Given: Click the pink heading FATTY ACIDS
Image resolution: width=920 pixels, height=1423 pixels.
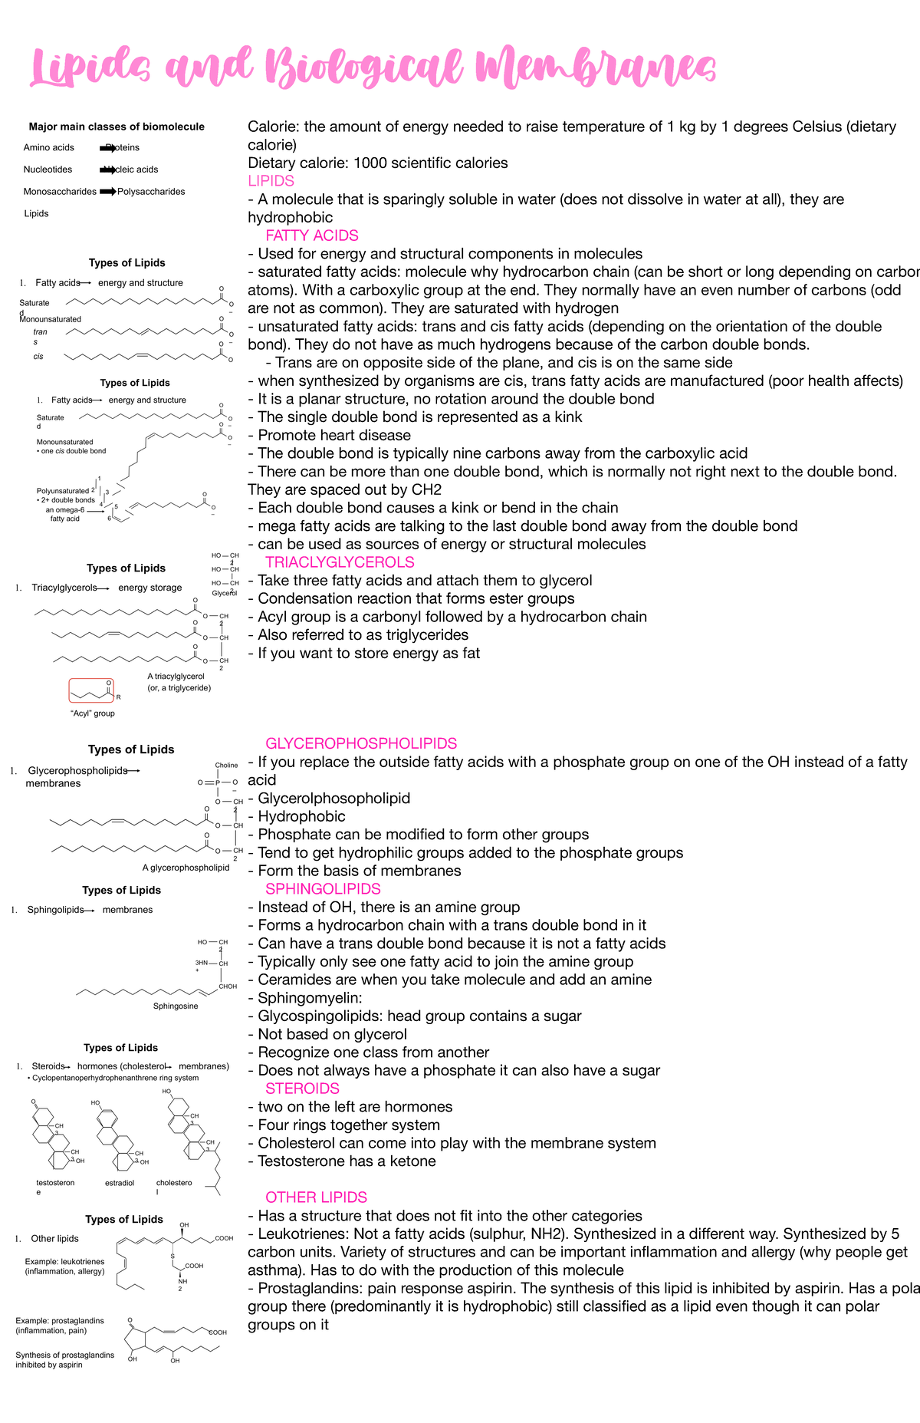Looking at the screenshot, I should tap(311, 236).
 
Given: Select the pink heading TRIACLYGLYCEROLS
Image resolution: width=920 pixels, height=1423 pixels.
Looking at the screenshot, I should tap(340, 562).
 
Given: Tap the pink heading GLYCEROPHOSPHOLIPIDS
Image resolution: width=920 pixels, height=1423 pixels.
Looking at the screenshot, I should tap(361, 743).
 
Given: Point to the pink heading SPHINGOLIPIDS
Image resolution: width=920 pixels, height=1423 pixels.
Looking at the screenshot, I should tap(323, 889).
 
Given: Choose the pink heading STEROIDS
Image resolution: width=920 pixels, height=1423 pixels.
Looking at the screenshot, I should tap(302, 1089).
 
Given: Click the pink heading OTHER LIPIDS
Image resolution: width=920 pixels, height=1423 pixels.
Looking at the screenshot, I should tap(316, 1197).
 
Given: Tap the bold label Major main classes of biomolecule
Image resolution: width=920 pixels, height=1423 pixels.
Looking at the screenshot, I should tap(117, 127).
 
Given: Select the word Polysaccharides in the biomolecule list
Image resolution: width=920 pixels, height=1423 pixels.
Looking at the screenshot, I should tap(151, 192).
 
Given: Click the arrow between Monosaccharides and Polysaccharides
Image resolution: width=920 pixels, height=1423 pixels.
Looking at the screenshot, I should tap(107, 192).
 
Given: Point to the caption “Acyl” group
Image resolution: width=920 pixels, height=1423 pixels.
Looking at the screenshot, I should tap(92, 713).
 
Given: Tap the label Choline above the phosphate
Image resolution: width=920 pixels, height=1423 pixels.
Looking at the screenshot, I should tap(226, 766).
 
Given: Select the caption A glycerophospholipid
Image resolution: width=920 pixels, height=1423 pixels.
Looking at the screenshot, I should tap(186, 868).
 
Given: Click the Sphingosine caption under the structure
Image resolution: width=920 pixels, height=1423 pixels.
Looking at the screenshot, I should tap(176, 1006).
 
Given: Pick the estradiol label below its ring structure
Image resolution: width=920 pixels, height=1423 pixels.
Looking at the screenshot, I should tap(120, 1183).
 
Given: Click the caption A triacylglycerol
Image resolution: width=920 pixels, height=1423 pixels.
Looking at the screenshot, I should tap(176, 677).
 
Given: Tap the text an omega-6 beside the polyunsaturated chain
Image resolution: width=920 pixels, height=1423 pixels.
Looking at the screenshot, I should tap(64, 509).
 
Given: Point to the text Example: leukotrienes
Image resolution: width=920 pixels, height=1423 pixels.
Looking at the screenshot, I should tap(64, 1261).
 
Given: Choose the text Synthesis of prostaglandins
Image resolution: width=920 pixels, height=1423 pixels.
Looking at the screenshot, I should tap(64, 1355).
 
